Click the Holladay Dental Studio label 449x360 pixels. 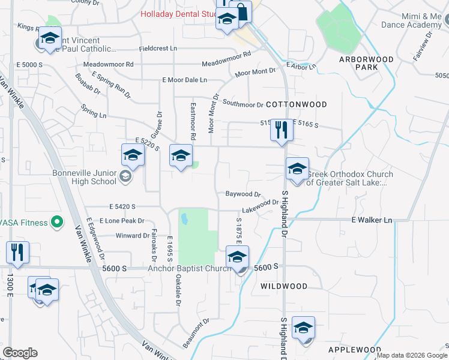177,14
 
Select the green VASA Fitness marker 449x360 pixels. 57,223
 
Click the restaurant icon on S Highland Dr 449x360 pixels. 281,131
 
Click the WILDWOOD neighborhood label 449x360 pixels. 285,287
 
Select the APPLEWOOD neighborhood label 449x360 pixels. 355,350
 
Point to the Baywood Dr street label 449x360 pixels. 243,194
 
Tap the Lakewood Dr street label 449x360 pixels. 260,207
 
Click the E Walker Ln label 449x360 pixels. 372,220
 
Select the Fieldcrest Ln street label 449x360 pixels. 158,48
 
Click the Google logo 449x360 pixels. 20,353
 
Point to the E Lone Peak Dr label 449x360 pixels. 122,221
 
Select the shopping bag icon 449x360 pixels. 241,12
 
